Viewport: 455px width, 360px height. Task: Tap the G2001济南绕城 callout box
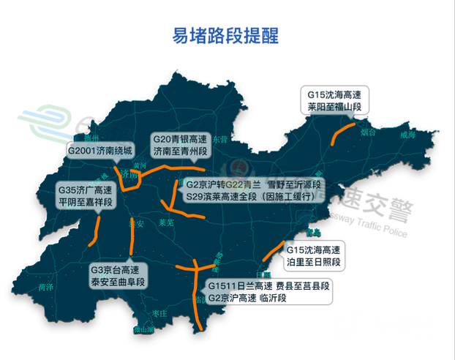101,151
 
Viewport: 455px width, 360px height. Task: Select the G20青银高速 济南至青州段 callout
179,145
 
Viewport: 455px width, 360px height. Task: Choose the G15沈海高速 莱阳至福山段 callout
334,100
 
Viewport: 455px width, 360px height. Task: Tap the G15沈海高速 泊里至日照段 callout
315,255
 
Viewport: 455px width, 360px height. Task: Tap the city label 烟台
368,133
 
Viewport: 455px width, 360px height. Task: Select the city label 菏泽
49,287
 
